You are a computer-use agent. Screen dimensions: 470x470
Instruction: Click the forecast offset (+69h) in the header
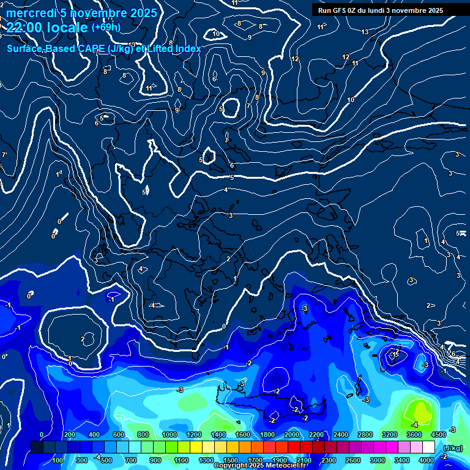106,27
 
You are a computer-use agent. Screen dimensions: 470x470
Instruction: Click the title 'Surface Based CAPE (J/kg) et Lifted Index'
104,48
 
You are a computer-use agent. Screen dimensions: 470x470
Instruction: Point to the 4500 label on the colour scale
439,435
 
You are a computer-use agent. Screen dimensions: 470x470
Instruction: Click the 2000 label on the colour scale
292,435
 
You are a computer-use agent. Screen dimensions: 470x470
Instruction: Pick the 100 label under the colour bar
58,460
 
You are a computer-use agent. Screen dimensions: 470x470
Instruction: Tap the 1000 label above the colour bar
170,435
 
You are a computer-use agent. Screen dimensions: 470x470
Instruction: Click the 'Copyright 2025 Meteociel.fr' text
259,466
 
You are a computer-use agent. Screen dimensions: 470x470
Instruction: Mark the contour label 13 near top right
365,32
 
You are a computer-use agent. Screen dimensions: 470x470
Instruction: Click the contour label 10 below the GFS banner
351,100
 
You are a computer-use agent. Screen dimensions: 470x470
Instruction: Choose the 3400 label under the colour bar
402,460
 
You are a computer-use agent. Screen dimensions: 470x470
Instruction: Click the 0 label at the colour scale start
42,435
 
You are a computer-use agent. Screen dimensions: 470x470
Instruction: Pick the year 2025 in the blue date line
139,13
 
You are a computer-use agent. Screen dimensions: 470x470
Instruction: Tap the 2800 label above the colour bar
365,435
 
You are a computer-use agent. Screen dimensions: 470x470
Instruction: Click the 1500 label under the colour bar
231,460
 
